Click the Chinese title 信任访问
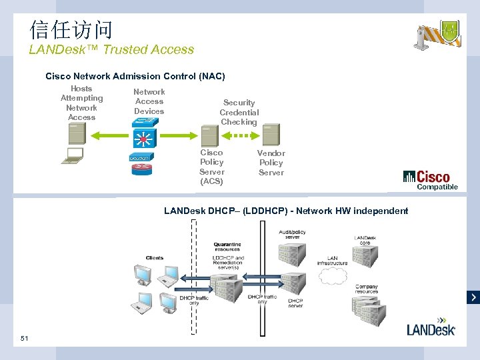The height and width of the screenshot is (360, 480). [x=71, y=29]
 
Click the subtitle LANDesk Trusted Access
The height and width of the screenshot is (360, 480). [x=111, y=49]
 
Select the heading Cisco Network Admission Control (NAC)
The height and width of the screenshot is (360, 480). [x=135, y=76]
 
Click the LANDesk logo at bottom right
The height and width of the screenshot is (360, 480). [x=431, y=329]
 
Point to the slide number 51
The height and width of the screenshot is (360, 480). [x=25, y=339]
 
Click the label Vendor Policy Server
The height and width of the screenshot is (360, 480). [x=271, y=163]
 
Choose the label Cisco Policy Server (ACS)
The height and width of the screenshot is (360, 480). [x=211, y=167]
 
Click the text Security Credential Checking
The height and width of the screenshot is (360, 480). [x=239, y=112]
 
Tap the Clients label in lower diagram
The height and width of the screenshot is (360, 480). [x=154, y=257]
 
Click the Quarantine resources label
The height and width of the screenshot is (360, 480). [x=227, y=247]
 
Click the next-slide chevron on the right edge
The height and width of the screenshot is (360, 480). [x=473, y=297]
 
